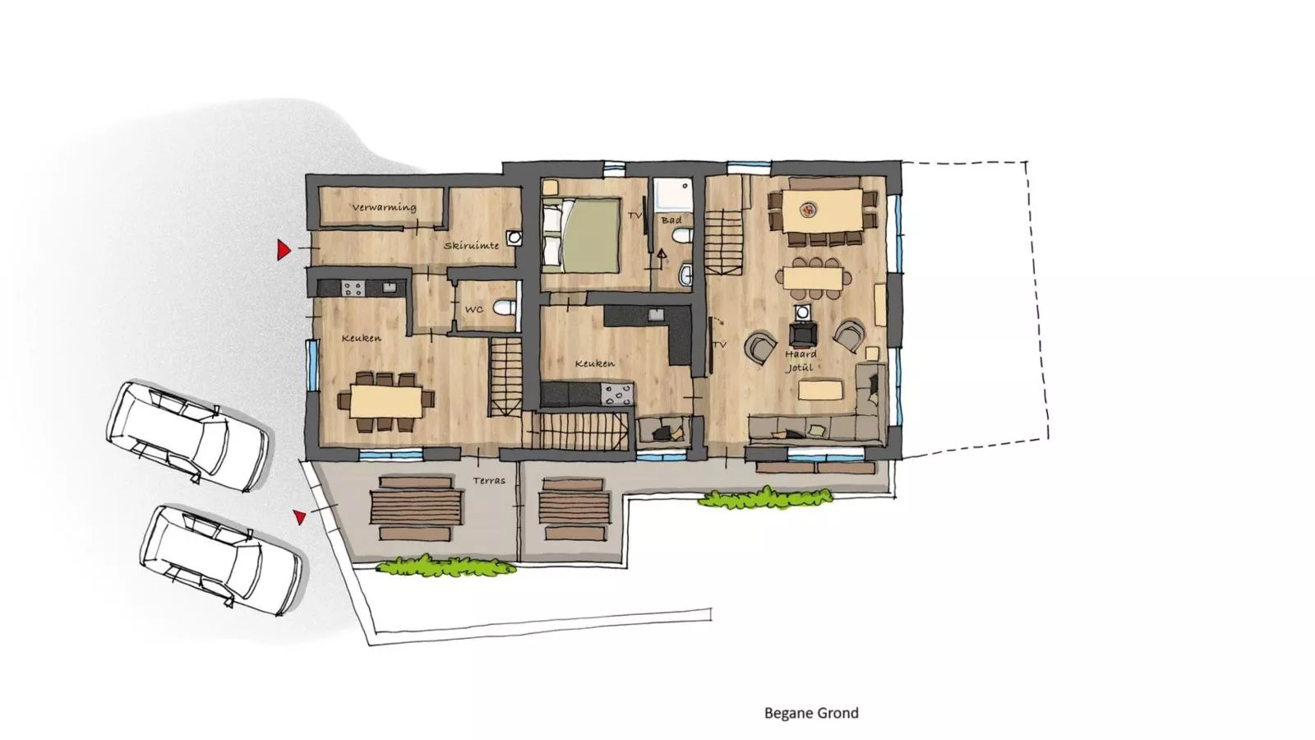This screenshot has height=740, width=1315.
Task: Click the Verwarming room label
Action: coord(384,207)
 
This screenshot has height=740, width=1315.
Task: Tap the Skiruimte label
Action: coord(471,245)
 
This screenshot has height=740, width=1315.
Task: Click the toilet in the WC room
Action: coord(504,308)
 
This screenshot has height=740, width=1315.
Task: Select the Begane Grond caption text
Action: coord(811,713)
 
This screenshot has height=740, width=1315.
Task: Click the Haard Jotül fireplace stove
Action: coord(801,331)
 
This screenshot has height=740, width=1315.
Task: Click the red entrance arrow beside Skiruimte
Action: coord(284,249)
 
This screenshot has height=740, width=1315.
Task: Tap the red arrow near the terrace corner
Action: coord(300,516)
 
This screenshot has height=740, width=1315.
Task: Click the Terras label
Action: coord(488,480)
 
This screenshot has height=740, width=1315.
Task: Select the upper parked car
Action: coord(187,436)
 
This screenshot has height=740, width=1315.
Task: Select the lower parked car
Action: coord(219,558)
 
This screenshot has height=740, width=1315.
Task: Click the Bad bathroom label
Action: coord(671,220)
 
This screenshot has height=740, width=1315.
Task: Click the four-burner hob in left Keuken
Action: coord(354,288)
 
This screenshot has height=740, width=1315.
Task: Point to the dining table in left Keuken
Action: coord(385,401)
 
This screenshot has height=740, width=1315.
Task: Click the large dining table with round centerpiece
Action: coord(822,211)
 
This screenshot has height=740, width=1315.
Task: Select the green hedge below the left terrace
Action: coord(441,566)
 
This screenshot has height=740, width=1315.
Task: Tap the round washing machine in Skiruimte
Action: coord(514,237)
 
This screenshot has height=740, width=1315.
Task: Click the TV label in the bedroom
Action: coord(634,215)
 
